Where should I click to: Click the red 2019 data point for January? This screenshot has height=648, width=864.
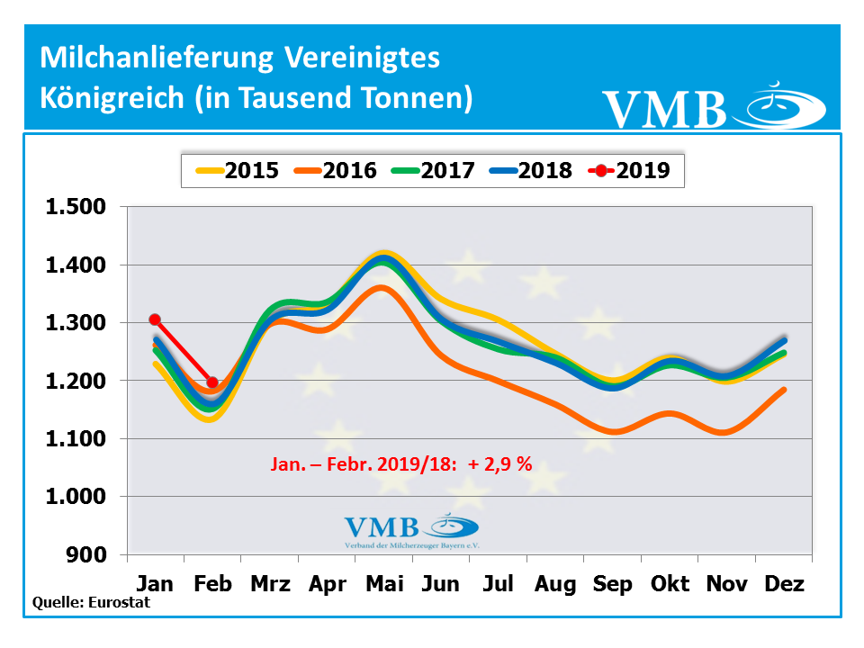155,319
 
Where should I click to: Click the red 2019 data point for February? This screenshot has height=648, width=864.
212,382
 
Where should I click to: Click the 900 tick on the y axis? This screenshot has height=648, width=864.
86,555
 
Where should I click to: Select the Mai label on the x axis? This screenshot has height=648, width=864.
384,584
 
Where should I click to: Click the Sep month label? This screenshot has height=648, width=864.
613,584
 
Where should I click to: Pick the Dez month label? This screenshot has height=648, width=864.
784,584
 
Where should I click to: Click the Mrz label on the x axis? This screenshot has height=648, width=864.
270,584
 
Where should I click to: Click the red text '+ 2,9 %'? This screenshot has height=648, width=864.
500,465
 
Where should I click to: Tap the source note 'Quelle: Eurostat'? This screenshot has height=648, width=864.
91,603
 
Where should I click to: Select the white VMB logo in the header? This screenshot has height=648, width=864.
711,105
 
